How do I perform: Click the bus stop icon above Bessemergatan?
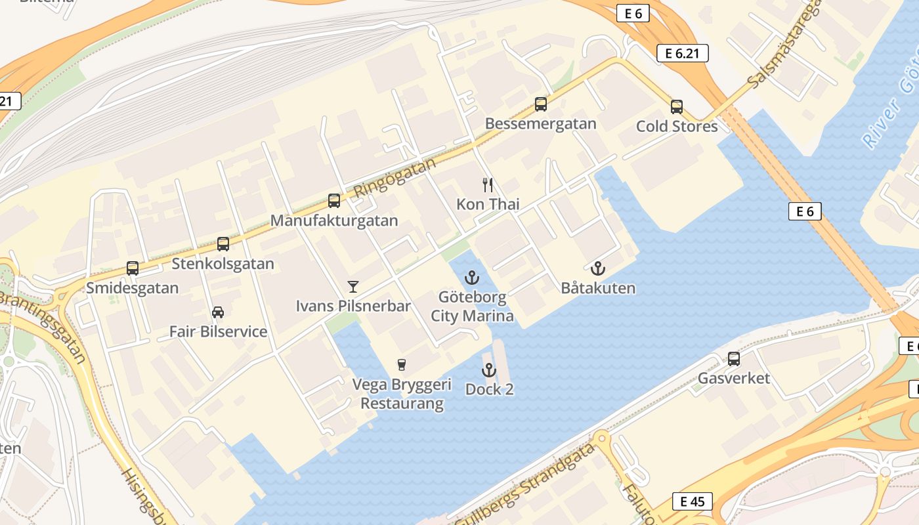click(x=541, y=104)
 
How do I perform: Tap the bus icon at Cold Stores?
click(x=677, y=106)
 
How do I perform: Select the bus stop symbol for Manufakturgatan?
click(x=334, y=201)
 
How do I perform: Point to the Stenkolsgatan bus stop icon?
click(x=223, y=244)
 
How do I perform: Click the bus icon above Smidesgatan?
click(x=133, y=268)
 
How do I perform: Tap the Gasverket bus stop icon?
click(x=734, y=359)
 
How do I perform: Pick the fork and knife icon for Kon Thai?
click(x=488, y=184)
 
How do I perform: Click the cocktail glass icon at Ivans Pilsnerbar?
click(x=353, y=286)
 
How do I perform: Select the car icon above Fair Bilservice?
click(x=218, y=312)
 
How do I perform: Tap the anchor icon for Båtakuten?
click(x=597, y=268)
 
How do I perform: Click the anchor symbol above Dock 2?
click(x=488, y=370)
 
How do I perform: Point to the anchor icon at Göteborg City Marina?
click(x=472, y=278)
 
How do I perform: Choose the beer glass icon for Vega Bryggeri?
click(x=402, y=365)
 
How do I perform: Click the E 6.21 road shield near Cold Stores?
click(x=682, y=53)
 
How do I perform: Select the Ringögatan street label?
click(x=395, y=177)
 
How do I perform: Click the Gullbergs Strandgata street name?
click(x=525, y=486)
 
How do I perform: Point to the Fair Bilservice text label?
click(x=219, y=331)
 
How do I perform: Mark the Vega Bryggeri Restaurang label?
click(x=402, y=394)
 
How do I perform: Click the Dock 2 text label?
click(x=489, y=389)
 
